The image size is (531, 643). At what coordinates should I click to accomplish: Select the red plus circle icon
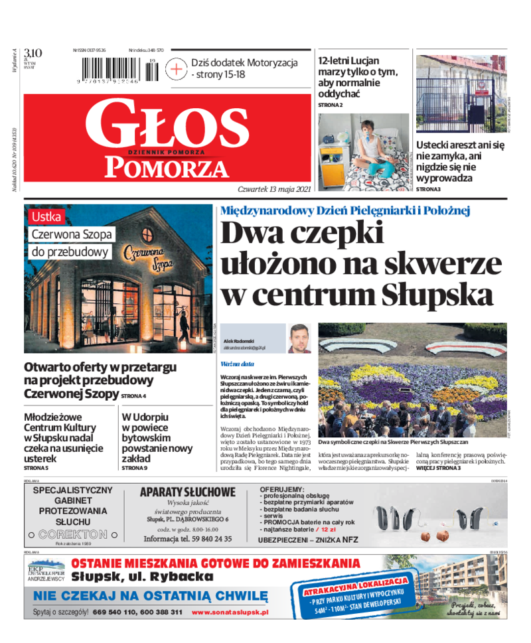[x=177, y=69]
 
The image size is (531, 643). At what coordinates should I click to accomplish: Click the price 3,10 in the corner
[x=33, y=53]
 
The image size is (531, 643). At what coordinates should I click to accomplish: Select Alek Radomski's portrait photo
[x=299, y=338]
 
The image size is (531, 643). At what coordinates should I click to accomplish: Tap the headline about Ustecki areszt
[x=460, y=161]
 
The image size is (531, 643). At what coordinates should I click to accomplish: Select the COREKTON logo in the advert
[x=72, y=534]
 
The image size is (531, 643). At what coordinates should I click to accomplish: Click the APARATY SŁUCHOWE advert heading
[x=188, y=492]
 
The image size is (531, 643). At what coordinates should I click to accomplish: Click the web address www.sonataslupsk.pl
[x=230, y=612]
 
